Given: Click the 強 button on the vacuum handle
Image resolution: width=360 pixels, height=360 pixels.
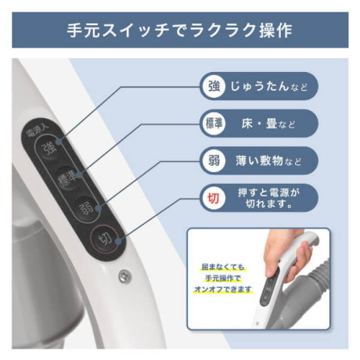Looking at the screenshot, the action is click(x=49, y=148).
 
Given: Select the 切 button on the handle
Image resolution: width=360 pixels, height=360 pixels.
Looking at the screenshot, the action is click(x=104, y=239).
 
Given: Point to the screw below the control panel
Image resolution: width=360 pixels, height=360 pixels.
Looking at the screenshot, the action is click(x=124, y=276).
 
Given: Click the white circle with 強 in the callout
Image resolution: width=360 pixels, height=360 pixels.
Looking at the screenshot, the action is click(x=214, y=86).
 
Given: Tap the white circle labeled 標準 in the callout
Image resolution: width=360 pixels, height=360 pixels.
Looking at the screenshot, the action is click(x=214, y=124).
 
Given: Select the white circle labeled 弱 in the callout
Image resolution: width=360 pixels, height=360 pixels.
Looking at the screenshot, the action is click(x=214, y=160).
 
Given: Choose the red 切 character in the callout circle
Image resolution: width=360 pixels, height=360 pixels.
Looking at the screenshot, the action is click(x=214, y=198).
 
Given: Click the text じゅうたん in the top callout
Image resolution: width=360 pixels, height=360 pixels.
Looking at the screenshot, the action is click(x=259, y=86).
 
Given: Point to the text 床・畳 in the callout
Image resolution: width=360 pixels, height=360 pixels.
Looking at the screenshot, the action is click(x=259, y=124).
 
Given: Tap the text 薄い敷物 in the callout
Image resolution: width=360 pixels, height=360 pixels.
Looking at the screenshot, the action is click(x=259, y=160).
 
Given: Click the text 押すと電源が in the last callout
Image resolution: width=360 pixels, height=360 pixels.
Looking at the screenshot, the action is click(x=268, y=193).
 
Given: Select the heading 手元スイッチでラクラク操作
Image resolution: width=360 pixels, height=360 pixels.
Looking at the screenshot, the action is click(x=180, y=30).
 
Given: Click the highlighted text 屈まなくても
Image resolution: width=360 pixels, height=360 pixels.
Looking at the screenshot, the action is click(x=223, y=267).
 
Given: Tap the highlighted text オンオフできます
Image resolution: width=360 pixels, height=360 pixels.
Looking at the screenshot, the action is click(x=223, y=290).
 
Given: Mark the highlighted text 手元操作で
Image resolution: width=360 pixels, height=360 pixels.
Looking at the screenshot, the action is click(x=223, y=279).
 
